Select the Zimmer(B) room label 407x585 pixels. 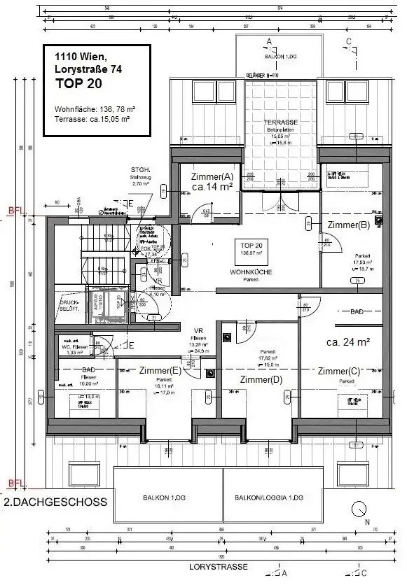348,225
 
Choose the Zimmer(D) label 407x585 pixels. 261,379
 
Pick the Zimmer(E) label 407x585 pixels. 160,370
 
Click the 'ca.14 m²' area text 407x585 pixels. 212,188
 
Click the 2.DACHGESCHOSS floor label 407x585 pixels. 56,502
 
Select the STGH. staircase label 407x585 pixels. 140,170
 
